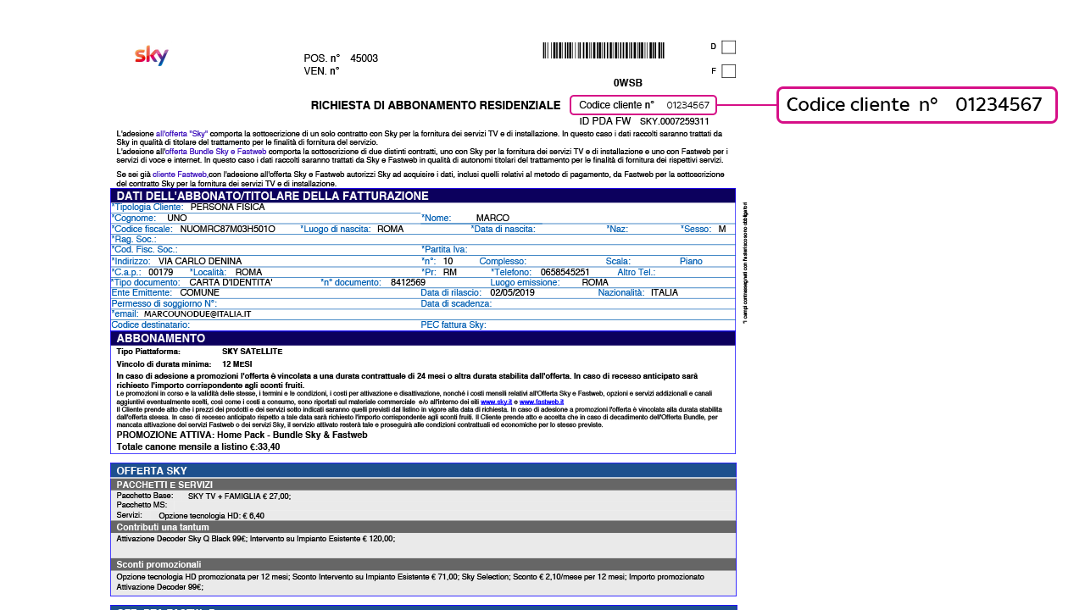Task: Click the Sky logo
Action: point(152,56)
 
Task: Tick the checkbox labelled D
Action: point(728,47)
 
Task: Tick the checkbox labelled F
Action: point(728,71)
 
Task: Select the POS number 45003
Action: point(364,58)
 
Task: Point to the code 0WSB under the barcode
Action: point(627,83)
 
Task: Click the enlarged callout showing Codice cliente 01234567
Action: point(916,105)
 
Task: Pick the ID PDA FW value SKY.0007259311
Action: point(674,121)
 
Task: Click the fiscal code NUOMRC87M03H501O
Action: point(227,229)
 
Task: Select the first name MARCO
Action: point(492,218)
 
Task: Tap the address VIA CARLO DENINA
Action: point(200,261)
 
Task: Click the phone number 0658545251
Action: point(565,272)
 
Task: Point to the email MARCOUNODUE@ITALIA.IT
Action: point(198,313)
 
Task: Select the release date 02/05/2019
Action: point(512,292)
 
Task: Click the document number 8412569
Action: point(408,282)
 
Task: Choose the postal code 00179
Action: point(160,272)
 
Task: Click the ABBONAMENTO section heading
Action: point(160,338)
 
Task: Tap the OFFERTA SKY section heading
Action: point(152,470)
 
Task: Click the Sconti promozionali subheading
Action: point(159,564)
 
